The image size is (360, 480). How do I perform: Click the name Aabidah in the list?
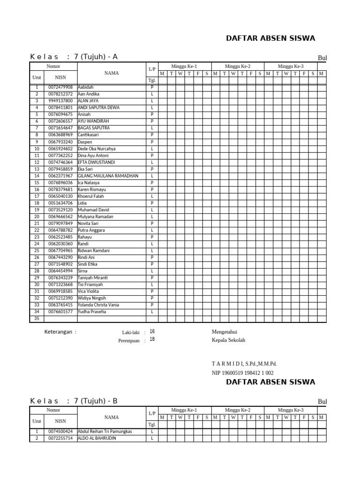86,87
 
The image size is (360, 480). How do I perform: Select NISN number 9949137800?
60,101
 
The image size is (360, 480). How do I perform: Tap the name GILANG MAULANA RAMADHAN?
108,176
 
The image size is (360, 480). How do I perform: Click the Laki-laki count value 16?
152,331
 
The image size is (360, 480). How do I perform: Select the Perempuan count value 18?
152,339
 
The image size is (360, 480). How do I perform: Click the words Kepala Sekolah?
228,340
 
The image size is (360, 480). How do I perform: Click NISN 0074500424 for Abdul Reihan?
60,431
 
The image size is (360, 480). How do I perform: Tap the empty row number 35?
37,319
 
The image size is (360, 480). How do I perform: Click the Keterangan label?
59,332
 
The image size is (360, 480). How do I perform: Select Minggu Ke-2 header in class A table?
237,67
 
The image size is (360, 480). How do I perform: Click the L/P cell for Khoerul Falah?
152,196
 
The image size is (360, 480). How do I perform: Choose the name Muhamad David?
93,210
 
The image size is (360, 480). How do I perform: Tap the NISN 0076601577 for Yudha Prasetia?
60,312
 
